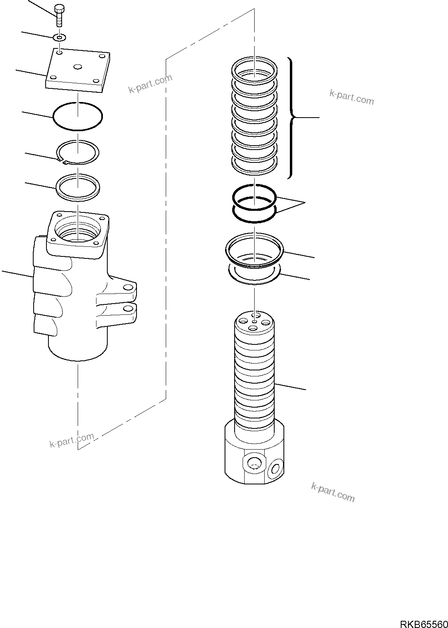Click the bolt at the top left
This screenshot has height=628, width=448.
59,16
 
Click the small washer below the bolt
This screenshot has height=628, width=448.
60,38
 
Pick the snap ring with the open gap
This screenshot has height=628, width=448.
78,152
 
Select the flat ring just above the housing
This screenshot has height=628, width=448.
78,186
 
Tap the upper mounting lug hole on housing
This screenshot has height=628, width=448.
128,288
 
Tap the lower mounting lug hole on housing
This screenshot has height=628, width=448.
128,308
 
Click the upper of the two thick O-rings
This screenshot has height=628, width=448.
255,196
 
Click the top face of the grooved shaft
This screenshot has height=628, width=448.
255,322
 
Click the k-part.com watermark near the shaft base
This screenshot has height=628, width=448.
333,492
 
